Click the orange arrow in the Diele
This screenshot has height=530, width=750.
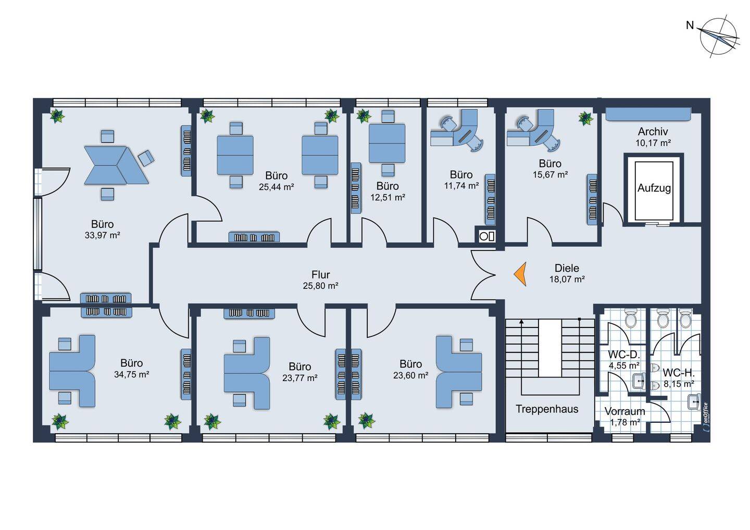(520, 274)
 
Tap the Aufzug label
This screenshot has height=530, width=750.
(654, 188)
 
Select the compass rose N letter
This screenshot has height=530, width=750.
(690, 25)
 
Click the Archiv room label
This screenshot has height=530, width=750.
(653, 132)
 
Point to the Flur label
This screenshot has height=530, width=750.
(320, 274)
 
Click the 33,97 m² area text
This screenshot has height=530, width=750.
(102, 235)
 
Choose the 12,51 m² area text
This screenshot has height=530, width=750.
(387, 197)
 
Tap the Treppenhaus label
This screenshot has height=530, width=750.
(547, 409)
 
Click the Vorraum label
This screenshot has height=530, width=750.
(624, 411)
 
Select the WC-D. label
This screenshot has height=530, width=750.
(623, 355)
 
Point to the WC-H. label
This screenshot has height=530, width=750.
(679, 373)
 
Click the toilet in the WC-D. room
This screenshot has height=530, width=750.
(630, 318)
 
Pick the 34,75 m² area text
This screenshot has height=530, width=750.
(131, 374)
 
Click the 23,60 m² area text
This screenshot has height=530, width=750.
(410, 375)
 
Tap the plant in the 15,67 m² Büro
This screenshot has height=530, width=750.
(585, 118)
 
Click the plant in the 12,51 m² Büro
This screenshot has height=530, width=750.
(364, 116)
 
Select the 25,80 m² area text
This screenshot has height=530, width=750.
(320, 286)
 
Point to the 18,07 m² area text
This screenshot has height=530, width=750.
(567, 280)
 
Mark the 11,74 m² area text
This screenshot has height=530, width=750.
(461, 186)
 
